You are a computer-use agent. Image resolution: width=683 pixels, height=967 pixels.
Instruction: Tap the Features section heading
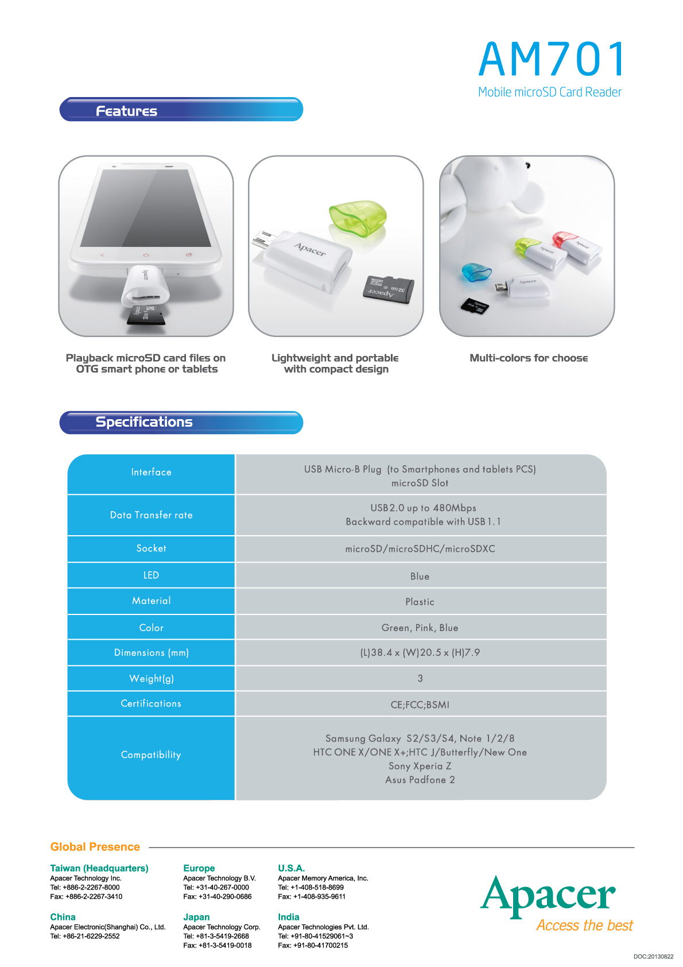126,111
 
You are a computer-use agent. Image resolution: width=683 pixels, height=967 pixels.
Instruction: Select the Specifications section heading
144,422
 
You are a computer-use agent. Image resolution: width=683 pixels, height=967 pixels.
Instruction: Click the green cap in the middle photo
358,218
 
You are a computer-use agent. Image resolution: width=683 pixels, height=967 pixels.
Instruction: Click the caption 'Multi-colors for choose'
529,358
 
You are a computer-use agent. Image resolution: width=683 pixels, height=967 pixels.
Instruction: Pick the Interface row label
151,472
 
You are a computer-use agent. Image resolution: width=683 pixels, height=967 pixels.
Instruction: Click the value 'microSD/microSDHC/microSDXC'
420,549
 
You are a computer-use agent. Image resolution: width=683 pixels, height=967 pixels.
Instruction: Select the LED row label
151,575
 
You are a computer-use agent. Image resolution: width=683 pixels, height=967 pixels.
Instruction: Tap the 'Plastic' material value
420,602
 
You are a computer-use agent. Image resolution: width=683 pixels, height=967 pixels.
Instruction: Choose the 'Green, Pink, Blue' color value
420,628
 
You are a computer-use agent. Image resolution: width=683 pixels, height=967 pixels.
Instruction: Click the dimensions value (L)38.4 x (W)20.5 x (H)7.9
420,653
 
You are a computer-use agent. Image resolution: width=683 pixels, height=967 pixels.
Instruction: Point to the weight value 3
420,679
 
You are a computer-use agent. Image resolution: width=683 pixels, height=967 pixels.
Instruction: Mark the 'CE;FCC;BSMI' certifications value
420,705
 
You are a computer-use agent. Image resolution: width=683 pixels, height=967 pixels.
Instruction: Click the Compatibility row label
151,755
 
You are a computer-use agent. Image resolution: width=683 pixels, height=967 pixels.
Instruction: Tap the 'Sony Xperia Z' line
420,766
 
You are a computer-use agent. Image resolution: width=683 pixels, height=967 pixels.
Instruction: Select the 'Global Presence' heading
95,846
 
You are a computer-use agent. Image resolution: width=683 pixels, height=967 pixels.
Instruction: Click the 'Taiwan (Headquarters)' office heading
99,868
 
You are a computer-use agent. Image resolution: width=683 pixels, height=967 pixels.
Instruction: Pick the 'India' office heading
289,917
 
